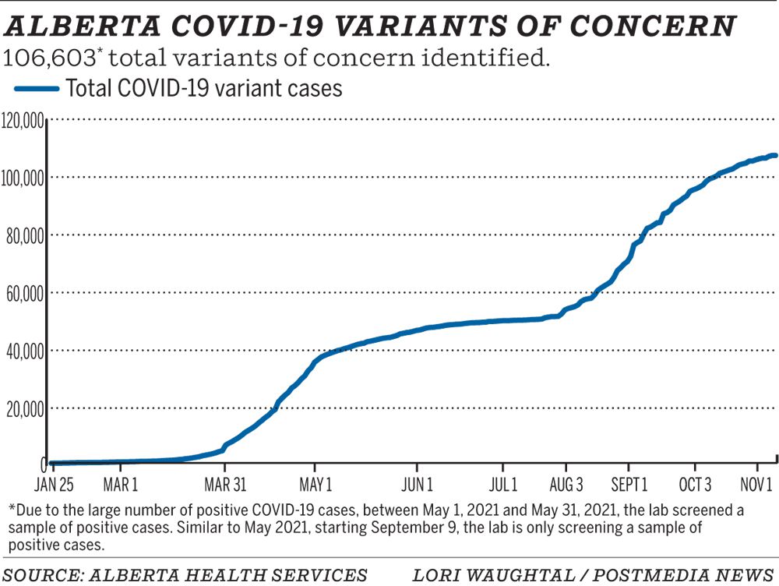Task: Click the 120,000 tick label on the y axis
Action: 23,120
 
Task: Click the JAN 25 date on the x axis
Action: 55,485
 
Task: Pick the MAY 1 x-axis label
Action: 316,485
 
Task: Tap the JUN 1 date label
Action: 418,485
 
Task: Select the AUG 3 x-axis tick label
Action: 566,485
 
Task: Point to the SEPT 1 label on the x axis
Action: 629,485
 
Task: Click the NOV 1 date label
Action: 754,485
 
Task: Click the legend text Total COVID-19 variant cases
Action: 204,89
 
